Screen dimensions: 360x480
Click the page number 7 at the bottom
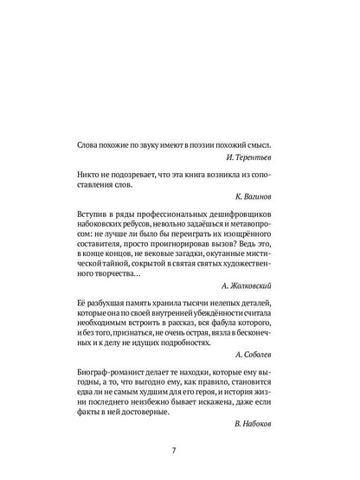pyautogui.click(x=180, y=450)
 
